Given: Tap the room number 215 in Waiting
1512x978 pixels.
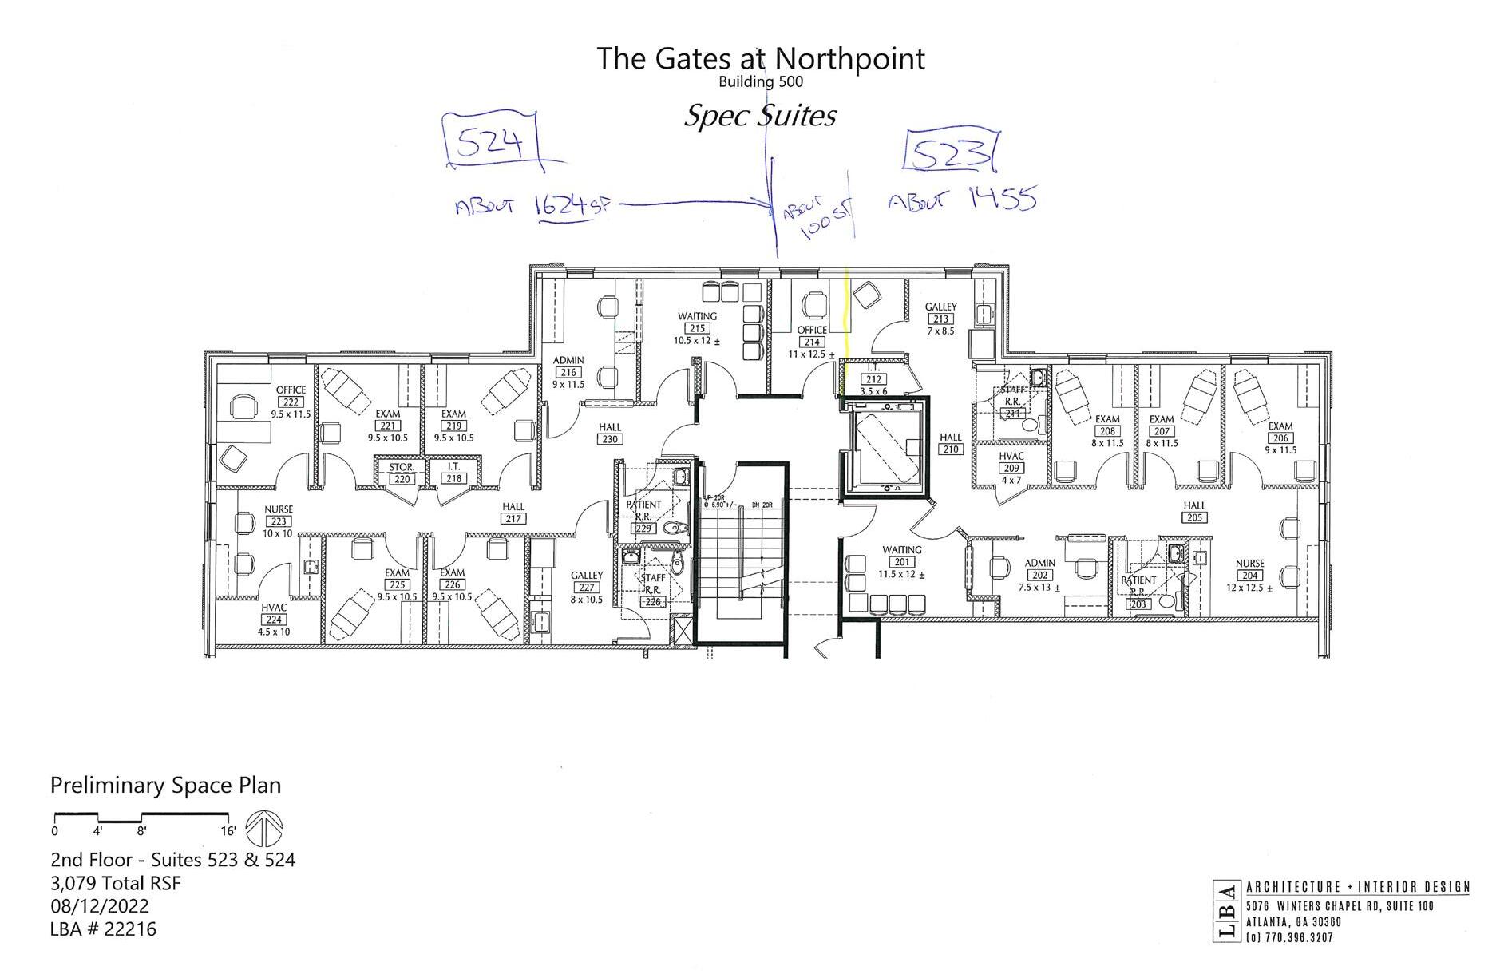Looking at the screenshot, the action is click(696, 328).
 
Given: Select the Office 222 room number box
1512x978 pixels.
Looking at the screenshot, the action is click(291, 402).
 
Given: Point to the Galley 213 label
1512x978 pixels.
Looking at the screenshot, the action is click(940, 307).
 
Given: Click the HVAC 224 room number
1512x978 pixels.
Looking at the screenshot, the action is click(274, 620).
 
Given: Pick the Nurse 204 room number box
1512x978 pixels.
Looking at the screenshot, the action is click(1249, 576).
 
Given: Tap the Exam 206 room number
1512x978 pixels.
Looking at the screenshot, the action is click(1280, 438).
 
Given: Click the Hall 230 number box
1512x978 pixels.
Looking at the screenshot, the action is click(610, 439).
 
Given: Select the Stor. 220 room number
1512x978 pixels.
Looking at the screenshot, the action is click(402, 479).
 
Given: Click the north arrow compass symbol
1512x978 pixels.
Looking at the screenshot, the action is click(264, 829).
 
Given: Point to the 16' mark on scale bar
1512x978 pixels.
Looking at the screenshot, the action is click(228, 831).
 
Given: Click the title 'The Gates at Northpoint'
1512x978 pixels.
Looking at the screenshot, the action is click(761, 58).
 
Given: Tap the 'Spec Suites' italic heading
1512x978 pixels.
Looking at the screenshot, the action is click(759, 116).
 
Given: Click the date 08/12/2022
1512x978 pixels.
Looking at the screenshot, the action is click(100, 906).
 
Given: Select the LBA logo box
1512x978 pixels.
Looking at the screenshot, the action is click(1225, 911).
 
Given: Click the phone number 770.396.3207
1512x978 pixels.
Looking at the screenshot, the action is click(1295, 937).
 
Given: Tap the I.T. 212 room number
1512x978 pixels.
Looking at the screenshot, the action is click(873, 380).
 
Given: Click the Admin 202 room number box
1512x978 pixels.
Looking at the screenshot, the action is click(1039, 575).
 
